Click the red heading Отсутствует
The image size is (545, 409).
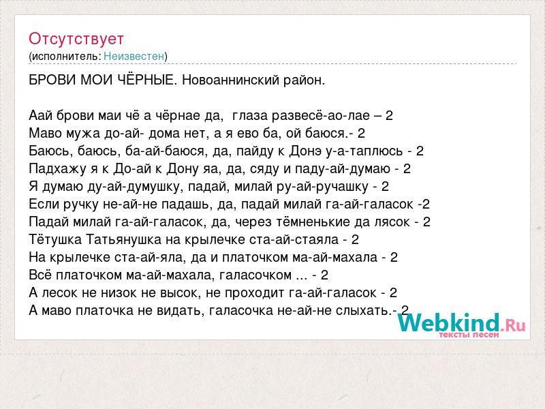(x=76, y=39)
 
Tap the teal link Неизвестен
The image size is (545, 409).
(x=134, y=56)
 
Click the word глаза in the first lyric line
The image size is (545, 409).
(x=249, y=115)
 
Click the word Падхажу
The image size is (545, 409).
(x=57, y=169)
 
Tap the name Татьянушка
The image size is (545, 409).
(x=124, y=240)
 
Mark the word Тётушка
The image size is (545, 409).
(x=55, y=240)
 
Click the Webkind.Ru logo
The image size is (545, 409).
(x=462, y=323)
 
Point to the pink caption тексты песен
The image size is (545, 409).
(x=469, y=335)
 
